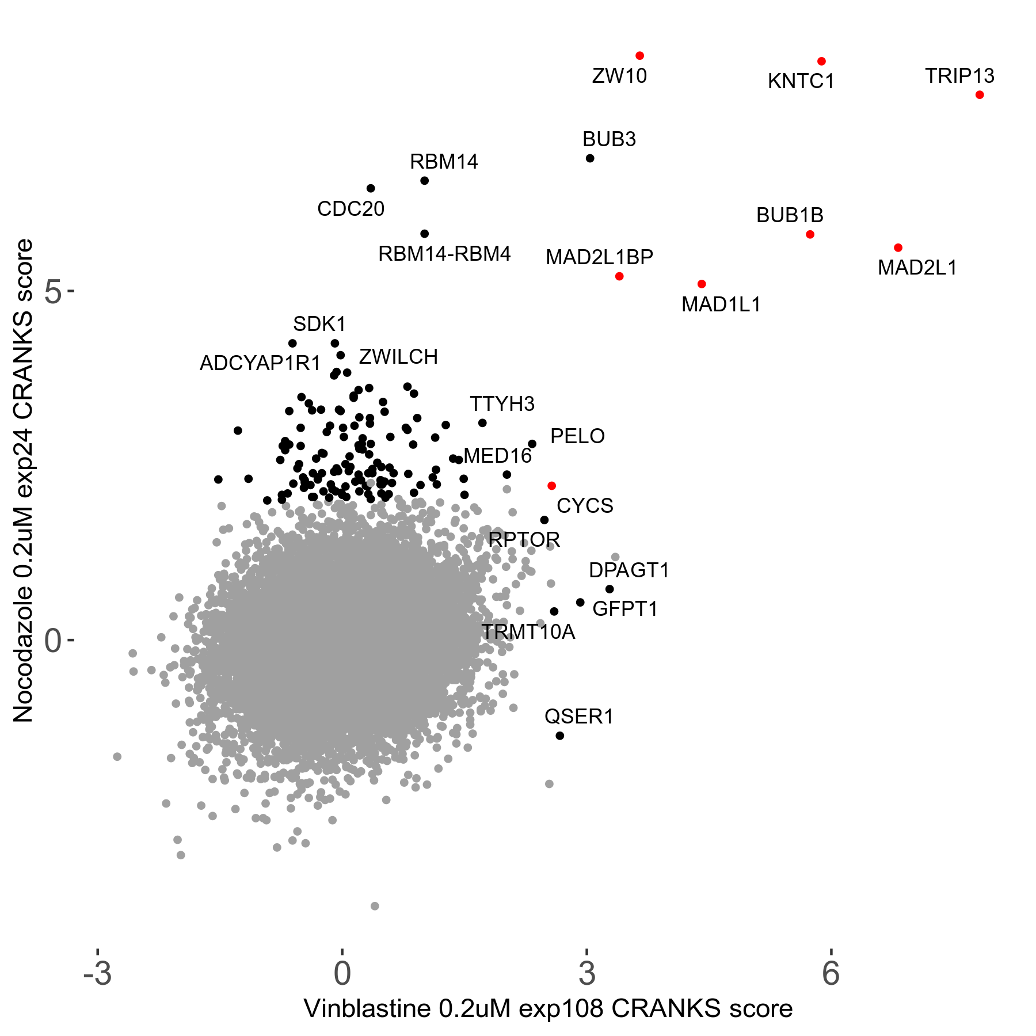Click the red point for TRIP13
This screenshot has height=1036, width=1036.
980,95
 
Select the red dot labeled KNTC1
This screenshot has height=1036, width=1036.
821,62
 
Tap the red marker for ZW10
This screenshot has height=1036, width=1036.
639,56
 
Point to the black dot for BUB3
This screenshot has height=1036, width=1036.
589,158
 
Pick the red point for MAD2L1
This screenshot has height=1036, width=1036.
898,248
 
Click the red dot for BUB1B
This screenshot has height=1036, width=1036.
810,234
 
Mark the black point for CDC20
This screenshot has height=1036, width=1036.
371,188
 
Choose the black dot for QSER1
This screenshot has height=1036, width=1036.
559,736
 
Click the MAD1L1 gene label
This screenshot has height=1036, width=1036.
721,304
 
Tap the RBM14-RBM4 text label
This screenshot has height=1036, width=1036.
444,254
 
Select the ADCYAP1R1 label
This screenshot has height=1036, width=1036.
260,363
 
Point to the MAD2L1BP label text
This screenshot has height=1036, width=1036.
599,257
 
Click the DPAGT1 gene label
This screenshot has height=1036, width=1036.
629,570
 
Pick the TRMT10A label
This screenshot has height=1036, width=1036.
528,632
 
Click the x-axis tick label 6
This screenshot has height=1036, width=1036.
831,973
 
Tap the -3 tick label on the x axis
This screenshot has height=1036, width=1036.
97,973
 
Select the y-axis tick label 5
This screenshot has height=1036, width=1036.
53,292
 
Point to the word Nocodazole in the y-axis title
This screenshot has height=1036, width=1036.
24,653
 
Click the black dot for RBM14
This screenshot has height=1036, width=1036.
424,181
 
